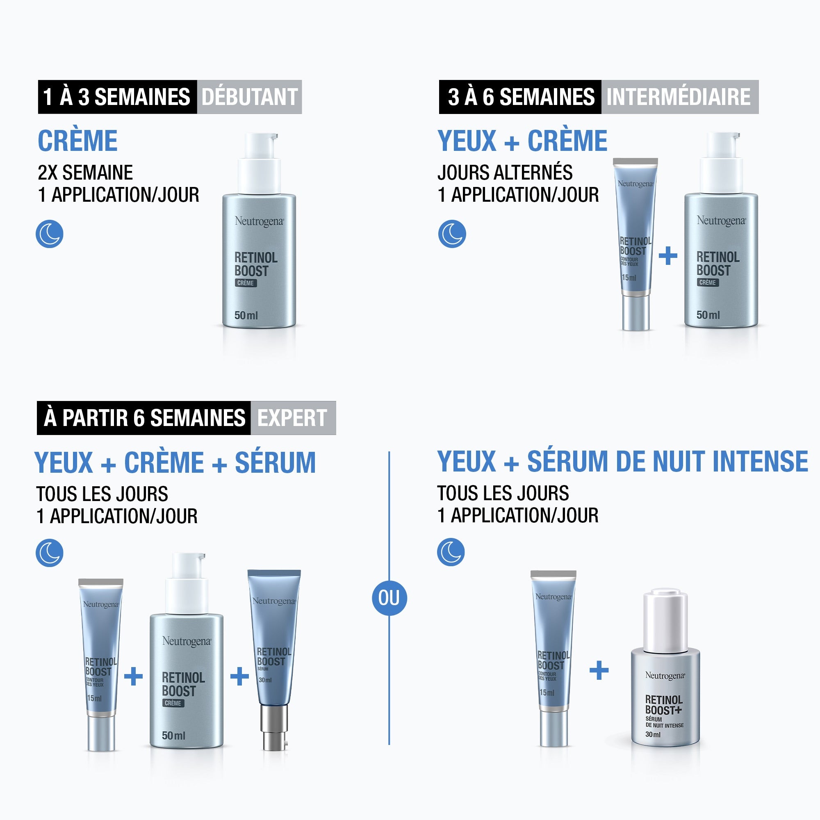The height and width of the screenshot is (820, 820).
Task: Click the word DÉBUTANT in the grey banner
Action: (x=249, y=97)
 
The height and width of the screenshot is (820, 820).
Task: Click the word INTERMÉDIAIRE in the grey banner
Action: (x=678, y=97)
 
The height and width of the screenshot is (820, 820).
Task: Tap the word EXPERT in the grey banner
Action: (x=292, y=418)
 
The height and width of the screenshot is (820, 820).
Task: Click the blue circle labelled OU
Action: (x=389, y=598)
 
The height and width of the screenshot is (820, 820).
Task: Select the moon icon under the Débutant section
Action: (x=50, y=234)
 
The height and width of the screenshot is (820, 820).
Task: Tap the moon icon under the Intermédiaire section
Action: (x=452, y=234)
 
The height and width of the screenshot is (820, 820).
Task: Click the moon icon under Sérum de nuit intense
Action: (x=451, y=552)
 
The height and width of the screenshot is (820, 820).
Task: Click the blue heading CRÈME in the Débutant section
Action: (x=77, y=141)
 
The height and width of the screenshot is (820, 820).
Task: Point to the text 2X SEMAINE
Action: (x=85, y=173)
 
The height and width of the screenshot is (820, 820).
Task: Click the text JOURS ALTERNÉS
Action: (x=505, y=173)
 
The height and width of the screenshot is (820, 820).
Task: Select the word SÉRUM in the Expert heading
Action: (x=275, y=462)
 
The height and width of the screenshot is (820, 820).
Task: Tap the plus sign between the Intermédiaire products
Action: (x=667, y=256)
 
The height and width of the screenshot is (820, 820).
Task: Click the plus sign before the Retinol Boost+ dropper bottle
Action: (x=599, y=670)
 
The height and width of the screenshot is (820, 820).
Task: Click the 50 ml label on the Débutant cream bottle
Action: (x=246, y=315)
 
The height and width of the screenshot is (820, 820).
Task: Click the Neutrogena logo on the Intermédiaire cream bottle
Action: (x=721, y=221)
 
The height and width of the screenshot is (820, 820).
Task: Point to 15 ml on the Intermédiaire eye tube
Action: (x=629, y=278)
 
